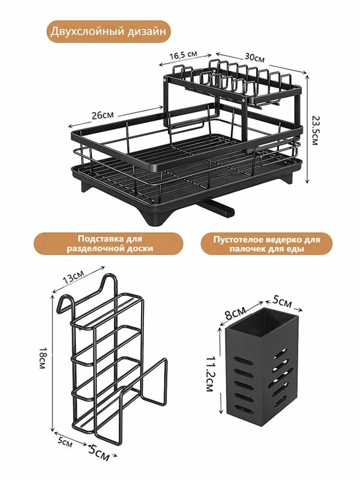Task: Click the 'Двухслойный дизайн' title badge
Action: click(108, 32)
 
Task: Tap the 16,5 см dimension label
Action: click(183, 56)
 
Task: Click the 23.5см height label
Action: click(315, 130)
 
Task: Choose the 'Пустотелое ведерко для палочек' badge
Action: click(266, 244)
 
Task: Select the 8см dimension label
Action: click(235, 313)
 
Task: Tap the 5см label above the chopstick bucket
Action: click(282, 303)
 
